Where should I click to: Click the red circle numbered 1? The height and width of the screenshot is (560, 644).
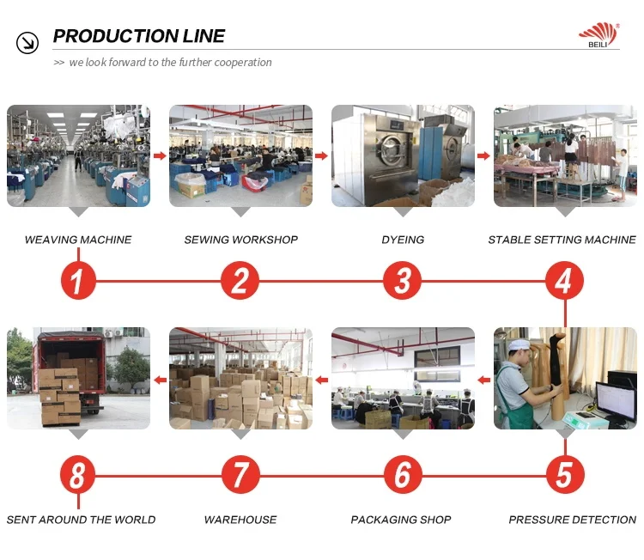coord(78,281)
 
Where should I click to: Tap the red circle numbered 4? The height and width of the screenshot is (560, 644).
coord(563,281)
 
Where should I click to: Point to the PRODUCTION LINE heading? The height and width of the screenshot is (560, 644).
coord(139,36)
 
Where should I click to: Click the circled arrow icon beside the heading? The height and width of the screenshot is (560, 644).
coord(27,41)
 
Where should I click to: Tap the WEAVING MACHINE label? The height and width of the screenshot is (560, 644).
coord(78,240)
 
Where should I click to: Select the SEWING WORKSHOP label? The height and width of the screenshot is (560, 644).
coord(240,240)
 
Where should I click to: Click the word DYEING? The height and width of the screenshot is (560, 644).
coord(403,240)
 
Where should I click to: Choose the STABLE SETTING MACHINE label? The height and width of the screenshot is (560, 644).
coord(562,240)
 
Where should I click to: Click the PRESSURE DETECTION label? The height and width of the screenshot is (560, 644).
coord(572,520)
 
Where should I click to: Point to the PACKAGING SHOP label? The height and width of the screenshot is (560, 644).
coord(401,520)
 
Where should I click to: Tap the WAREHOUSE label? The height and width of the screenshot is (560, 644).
coord(240,520)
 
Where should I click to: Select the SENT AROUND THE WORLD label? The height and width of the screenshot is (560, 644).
coord(81,520)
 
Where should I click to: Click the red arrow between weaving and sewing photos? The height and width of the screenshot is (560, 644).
coord(159,155)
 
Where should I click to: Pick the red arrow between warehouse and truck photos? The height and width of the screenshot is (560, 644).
coord(159,379)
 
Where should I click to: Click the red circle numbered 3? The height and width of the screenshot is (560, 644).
coord(403,281)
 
